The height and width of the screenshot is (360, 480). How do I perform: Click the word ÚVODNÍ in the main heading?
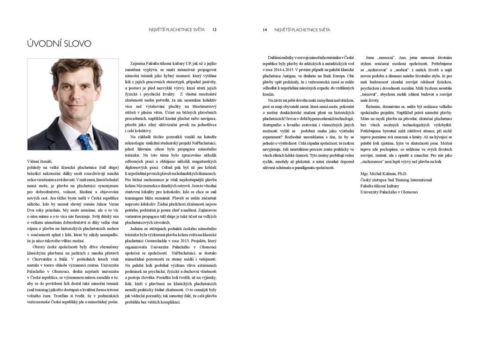point(44,44)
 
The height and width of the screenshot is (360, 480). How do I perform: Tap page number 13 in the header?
point(214,30)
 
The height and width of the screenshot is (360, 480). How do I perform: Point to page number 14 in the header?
point(265,30)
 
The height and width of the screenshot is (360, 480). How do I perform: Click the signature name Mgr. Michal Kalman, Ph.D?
point(381,173)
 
